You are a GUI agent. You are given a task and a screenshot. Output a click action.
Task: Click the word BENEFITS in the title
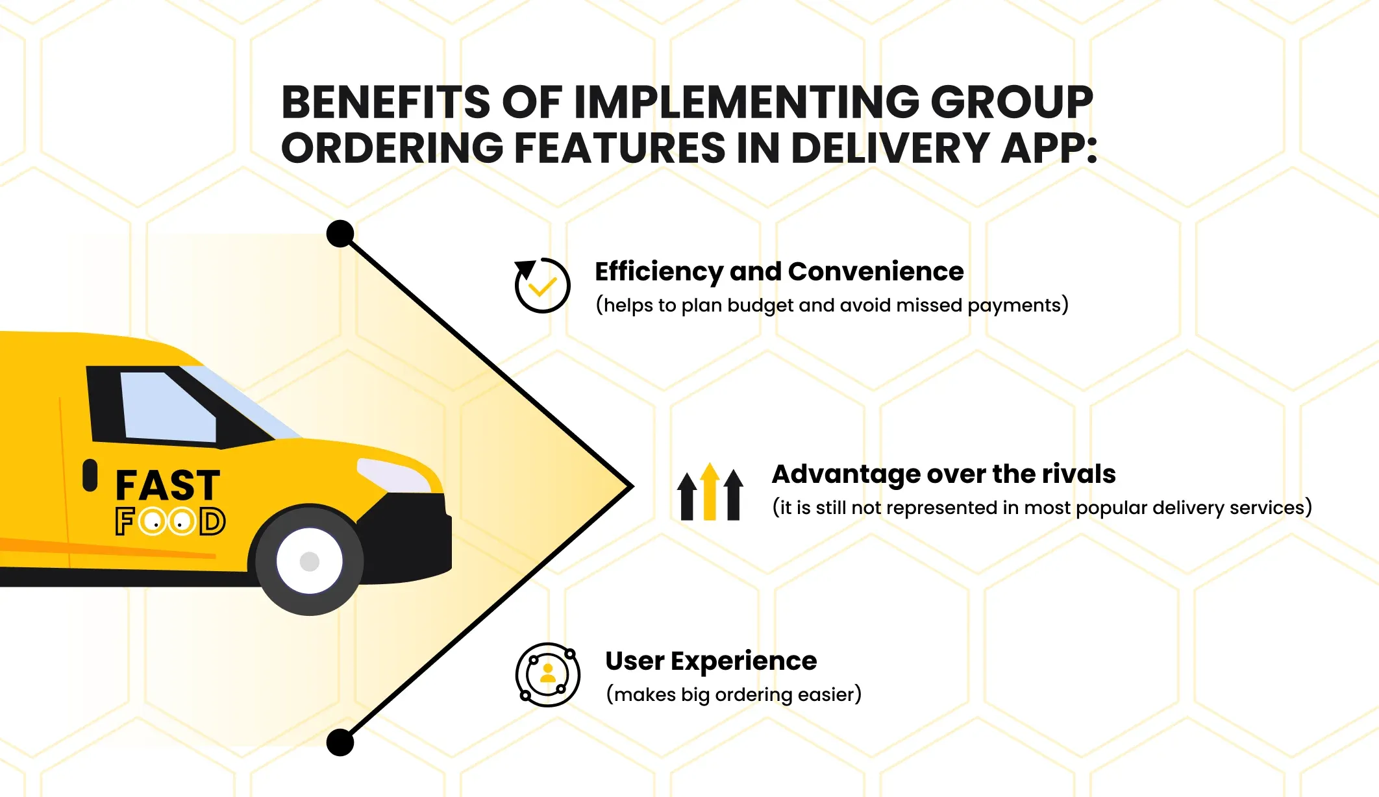386,102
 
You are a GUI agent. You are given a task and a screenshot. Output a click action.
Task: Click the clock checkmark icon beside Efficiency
542,286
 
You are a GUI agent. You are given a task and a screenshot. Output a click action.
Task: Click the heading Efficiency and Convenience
779,271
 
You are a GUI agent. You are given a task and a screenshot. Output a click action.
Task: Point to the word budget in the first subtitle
761,305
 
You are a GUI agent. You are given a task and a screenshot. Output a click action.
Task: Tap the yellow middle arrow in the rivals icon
710,491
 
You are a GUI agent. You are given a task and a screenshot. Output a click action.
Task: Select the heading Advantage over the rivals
944,474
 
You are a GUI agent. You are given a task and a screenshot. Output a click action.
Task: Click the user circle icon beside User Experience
548,675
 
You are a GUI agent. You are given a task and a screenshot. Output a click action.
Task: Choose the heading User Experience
711,661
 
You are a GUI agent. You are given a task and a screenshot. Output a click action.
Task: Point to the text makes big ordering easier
734,694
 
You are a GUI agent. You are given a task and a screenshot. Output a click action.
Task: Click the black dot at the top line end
340,234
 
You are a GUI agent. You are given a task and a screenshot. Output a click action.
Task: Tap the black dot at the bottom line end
340,742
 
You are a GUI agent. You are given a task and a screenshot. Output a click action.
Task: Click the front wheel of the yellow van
309,560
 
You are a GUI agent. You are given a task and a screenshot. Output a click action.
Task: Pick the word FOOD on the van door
170,521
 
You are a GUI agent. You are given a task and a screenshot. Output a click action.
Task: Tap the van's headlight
393,476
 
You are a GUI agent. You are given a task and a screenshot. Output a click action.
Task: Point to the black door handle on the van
90,475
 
